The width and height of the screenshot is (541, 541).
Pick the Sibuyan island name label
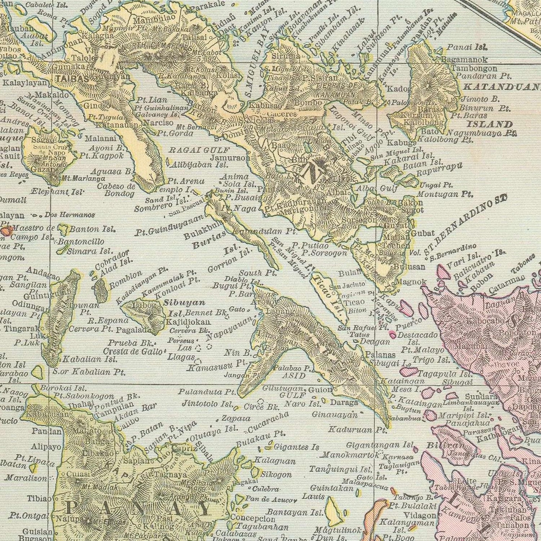click(185, 303)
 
